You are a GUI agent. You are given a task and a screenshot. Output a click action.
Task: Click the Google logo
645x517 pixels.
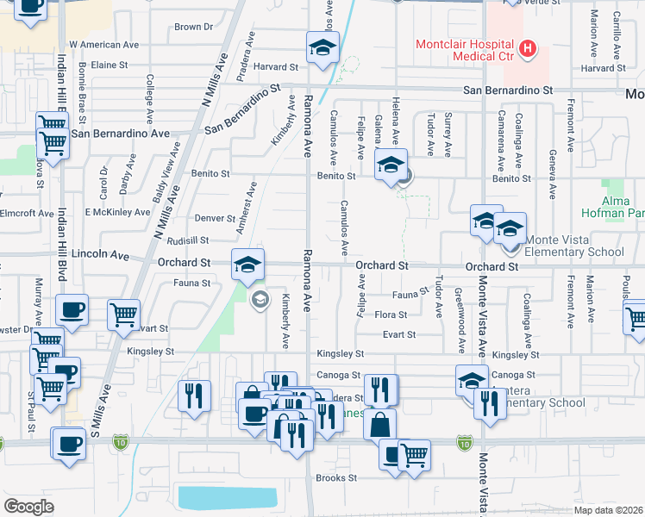click(28, 506)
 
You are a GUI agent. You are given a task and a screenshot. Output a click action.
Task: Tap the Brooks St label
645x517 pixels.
click(336, 477)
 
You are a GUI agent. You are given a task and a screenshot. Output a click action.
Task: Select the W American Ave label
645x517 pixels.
click(103, 44)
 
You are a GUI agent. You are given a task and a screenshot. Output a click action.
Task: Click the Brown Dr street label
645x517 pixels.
click(193, 27)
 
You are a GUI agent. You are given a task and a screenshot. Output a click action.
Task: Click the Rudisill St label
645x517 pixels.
click(188, 241)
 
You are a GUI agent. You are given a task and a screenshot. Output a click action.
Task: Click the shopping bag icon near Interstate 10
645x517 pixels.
click(379, 424)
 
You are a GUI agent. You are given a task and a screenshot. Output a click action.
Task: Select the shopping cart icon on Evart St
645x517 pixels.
click(124, 315)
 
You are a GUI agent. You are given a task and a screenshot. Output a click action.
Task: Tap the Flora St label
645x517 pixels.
click(391, 315)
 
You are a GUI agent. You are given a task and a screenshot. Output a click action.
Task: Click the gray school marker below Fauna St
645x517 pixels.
click(258, 300)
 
